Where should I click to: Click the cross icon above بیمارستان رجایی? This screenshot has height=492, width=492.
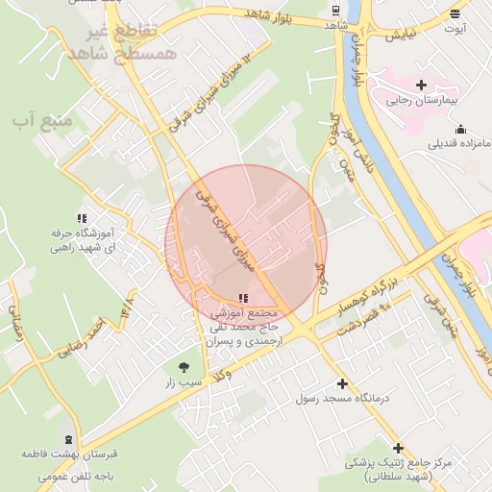point(421,86)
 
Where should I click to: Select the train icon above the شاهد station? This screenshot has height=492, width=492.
point(334,11)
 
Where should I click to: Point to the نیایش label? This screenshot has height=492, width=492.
point(401,36)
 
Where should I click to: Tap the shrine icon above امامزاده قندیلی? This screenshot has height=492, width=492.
point(460,130)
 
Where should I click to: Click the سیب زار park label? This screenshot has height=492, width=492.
point(184,381)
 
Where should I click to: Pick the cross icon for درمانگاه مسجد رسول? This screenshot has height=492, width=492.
point(342,383)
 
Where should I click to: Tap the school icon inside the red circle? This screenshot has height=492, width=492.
point(241,299)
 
